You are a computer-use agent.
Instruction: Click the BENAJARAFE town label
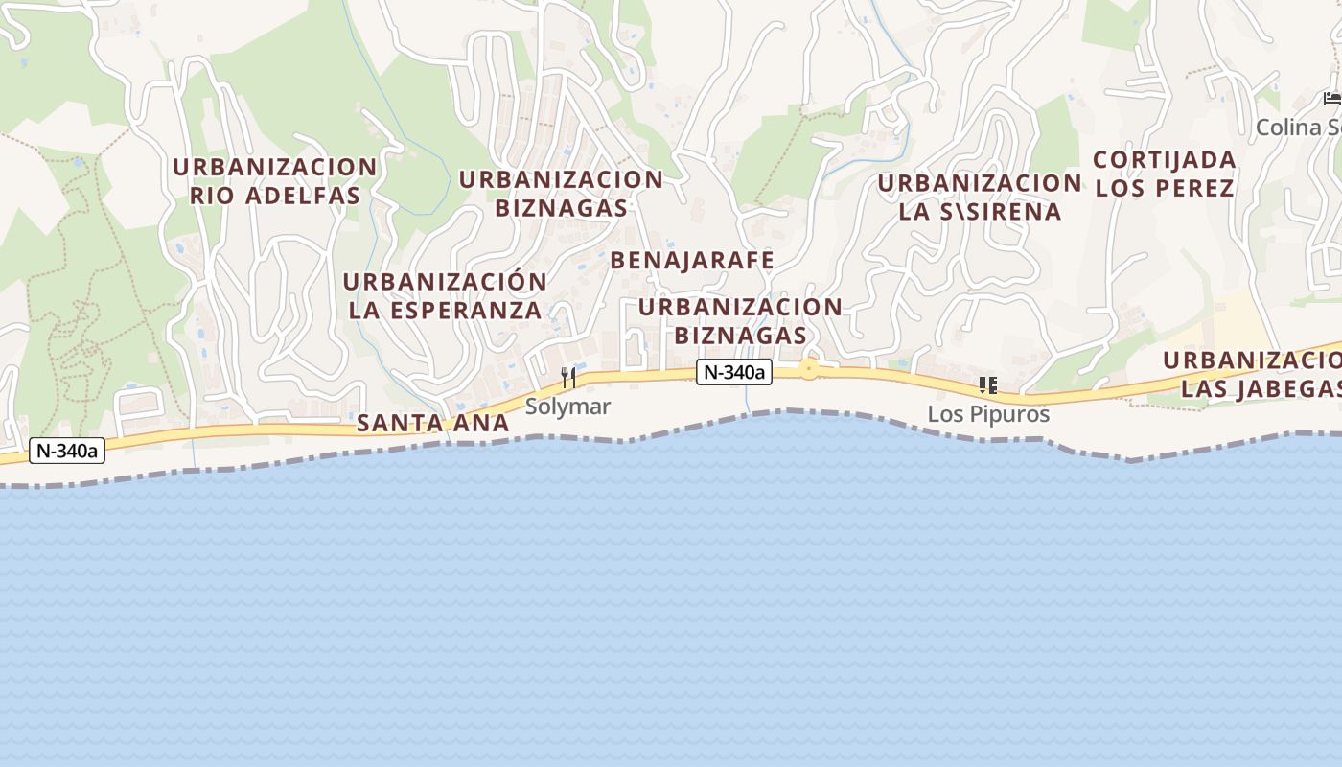691,261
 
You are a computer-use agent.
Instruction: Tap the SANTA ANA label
432,423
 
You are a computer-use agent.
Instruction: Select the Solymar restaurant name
567,407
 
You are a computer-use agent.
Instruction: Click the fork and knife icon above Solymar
568,378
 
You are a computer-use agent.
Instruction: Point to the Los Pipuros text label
988,414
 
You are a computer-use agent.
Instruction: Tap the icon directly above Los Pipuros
988,385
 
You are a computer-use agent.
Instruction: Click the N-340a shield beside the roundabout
733,372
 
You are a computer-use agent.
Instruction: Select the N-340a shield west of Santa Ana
66,451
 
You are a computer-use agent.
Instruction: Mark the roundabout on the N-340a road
810,369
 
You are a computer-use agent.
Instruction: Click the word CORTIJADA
1164,159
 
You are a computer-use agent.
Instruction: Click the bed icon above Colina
1331,99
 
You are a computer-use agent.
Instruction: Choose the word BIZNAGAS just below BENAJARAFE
740,336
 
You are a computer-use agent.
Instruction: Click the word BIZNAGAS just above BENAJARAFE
561,207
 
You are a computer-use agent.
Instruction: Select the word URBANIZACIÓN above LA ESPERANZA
445,282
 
